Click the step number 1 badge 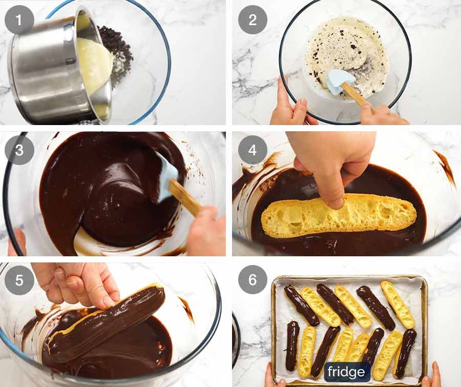coord(19,20)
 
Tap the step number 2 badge coord(253,20)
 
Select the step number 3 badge coord(19,150)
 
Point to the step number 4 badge coord(253,150)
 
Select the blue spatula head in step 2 coord(339,81)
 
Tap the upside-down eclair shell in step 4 coord(338,215)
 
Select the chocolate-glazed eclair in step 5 coord(108,323)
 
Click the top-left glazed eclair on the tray coord(301,305)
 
